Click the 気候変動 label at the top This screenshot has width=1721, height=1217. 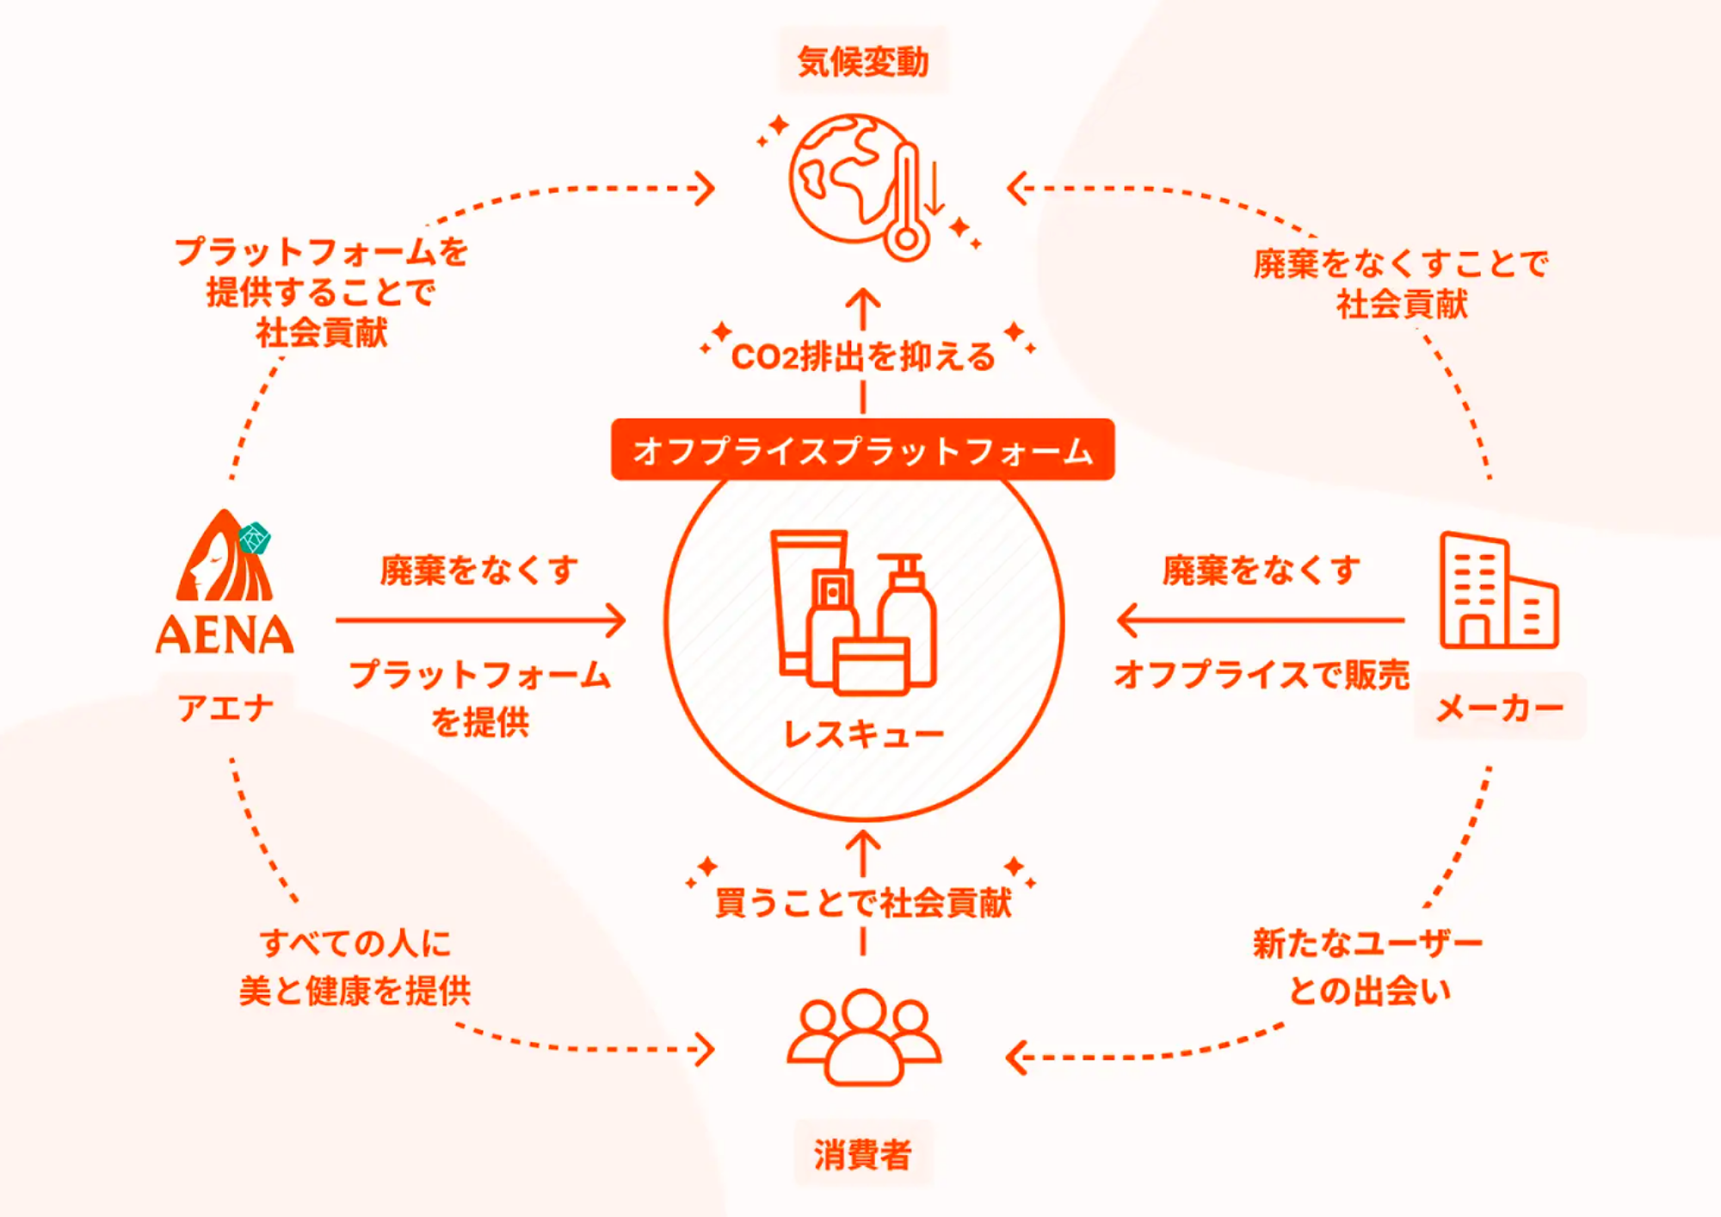click(x=863, y=62)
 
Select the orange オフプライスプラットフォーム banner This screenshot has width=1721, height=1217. click(x=862, y=450)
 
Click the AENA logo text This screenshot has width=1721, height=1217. click(x=225, y=635)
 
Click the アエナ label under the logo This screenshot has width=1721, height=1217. click(x=225, y=708)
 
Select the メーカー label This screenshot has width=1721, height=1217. click(x=1499, y=708)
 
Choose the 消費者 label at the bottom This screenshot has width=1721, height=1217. click(x=862, y=1154)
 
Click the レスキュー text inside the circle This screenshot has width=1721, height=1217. click(x=863, y=734)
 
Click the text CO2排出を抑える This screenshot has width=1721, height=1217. click(x=863, y=356)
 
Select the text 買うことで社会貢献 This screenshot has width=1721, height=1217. click(x=863, y=903)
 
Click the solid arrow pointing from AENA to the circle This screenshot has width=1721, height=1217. click(x=480, y=620)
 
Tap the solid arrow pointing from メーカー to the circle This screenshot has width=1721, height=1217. click(x=1260, y=620)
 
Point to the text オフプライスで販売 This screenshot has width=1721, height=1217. click(x=1261, y=675)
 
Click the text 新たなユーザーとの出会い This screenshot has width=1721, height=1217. click(x=1367, y=967)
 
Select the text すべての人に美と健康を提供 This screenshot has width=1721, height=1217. click(x=355, y=967)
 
